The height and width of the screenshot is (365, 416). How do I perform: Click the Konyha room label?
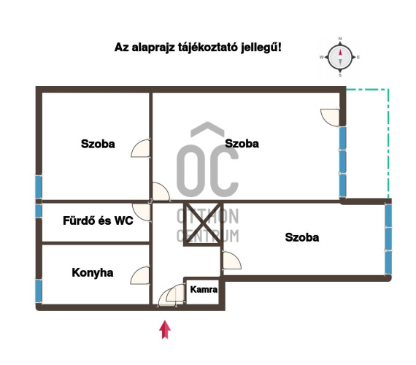click(93, 273)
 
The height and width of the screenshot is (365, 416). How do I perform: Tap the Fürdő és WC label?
click(98, 220)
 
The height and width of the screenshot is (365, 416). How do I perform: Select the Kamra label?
click(204, 289)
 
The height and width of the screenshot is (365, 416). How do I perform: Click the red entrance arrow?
click(165, 329)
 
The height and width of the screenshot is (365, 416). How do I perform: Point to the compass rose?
click(340, 57)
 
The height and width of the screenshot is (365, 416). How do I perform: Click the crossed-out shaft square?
click(203, 224)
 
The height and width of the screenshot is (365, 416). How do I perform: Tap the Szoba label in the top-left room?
click(98, 144)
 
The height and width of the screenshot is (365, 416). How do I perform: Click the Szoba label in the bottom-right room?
click(302, 237)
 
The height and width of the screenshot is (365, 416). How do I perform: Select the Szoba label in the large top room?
click(242, 144)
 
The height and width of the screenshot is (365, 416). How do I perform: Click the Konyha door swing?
click(140, 275)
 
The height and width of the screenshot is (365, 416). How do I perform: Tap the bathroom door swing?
click(142, 212)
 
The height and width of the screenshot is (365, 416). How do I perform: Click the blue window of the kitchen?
click(39, 291)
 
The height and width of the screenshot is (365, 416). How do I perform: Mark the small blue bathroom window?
click(39, 211)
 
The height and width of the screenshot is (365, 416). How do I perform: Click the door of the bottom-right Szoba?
click(232, 261)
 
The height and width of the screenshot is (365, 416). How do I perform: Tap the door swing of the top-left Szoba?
click(140, 148)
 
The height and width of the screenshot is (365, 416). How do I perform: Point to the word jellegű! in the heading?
click(261, 47)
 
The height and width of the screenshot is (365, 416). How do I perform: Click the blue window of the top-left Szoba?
click(39, 187)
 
